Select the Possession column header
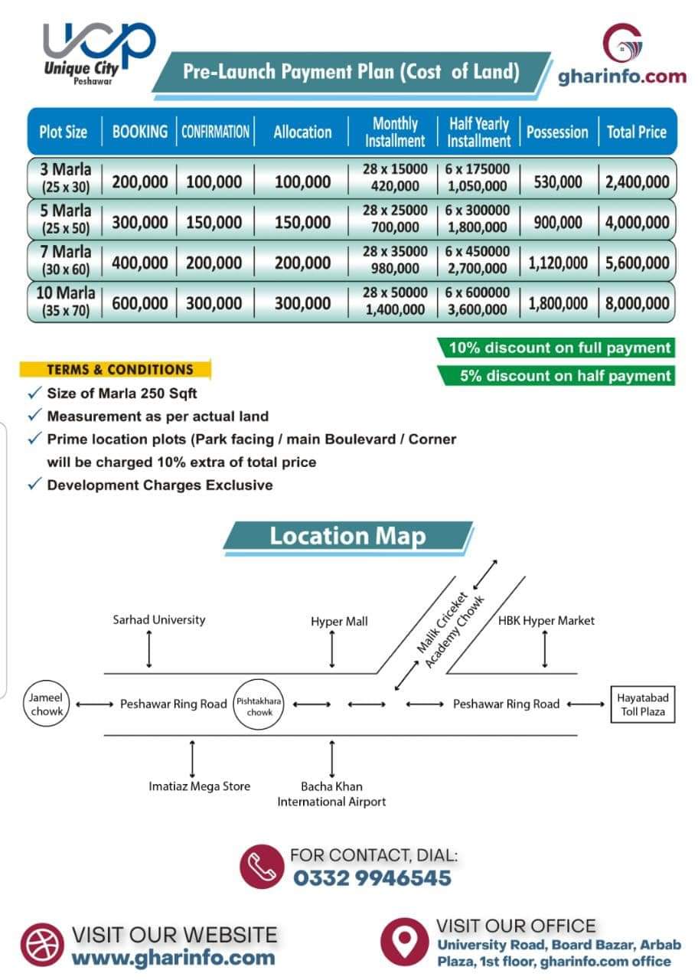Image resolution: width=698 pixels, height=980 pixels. tap(557, 132)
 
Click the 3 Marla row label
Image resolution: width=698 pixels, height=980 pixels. tap(66, 177)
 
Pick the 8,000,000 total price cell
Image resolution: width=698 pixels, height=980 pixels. tap(637, 303)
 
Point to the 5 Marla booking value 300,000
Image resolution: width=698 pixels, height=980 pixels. tap(140, 223)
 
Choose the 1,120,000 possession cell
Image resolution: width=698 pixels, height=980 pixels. tap(558, 263)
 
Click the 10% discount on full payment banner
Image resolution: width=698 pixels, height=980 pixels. tap(559, 348)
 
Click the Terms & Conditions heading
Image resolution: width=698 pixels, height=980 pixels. tap(119, 370)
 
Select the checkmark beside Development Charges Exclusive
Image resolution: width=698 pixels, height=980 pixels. tap(34, 485)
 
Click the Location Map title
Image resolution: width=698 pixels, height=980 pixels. tap(347, 536)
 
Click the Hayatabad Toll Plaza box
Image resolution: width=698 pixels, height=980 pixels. tap(641, 704)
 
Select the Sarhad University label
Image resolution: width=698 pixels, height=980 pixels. tap(159, 620)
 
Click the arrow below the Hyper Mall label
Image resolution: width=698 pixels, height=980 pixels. tap(332, 651)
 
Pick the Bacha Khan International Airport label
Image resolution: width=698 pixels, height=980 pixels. tap(331, 794)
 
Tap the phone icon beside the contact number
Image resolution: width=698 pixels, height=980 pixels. tap(263, 867)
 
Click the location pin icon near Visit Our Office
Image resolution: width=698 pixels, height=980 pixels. tap(405, 940)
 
